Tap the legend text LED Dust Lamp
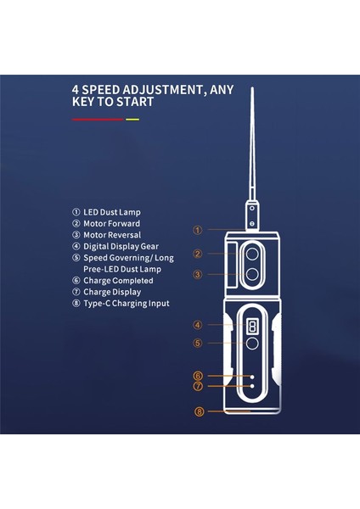114,212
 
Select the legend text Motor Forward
115,223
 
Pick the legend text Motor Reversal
115,235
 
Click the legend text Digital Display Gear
123,246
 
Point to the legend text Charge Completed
118,281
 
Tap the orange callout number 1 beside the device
197,229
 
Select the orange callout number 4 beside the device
197,325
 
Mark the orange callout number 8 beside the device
200,412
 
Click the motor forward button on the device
252,253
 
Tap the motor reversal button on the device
252,273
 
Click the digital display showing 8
252,326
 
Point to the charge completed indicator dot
252,375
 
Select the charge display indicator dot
252,385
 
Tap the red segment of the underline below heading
98,120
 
